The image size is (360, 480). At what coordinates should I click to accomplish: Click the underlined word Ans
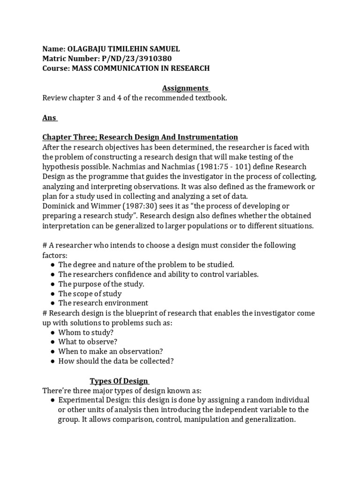pyautogui.click(x=50, y=118)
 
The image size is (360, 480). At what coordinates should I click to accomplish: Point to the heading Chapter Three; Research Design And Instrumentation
pyautogui.click(x=140, y=137)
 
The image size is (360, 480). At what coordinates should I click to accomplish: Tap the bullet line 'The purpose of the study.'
pyautogui.click(x=101, y=284)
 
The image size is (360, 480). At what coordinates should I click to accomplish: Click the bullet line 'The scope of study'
pyautogui.click(x=90, y=293)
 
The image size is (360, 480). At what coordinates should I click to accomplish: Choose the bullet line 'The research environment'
pyautogui.click(x=103, y=303)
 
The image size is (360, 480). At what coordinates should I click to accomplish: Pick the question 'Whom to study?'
pyautogui.click(x=86, y=332)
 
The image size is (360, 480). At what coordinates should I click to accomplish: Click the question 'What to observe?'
pyautogui.click(x=88, y=342)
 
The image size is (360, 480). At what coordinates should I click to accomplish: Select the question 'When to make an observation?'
pyautogui.click(x=111, y=351)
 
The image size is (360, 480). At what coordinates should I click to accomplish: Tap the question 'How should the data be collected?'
pyautogui.click(x=116, y=361)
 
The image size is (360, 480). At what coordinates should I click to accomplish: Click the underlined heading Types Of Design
pyautogui.click(x=120, y=381)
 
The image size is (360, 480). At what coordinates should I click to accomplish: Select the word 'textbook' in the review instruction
pyautogui.click(x=210, y=98)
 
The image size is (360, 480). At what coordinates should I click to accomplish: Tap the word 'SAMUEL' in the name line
pyautogui.click(x=164, y=49)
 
